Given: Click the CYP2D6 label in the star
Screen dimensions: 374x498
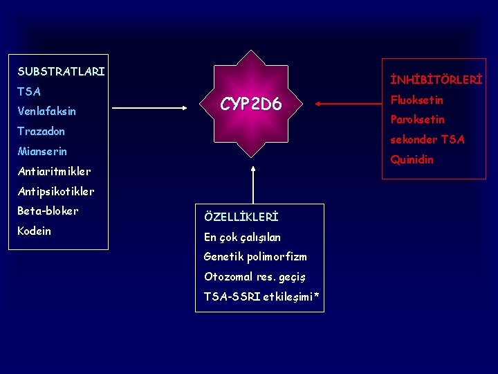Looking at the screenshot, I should pyautogui.click(x=250, y=105).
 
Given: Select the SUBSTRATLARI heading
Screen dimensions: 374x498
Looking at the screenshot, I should pyautogui.click(x=61, y=71).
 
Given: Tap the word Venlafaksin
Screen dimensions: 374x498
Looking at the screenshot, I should pyautogui.click(x=46, y=111).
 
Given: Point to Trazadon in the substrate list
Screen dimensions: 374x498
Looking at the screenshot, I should pyautogui.click(x=41, y=131).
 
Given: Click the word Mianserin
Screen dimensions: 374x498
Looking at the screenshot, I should pyautogui.click(x=41, y=151).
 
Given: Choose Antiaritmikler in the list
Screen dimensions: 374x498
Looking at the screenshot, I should pyautogui.click(x=54, y=171).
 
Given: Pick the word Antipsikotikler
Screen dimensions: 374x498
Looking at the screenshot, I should pyautogui.click(x=55, y=190).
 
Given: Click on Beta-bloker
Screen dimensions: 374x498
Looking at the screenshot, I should pyautogui.click(x=48, y=211).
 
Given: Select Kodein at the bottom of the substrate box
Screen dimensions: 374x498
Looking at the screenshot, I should pyautogui.click(x=34, y=231).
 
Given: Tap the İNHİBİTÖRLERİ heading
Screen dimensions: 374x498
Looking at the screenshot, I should pyautogui.click(x=436, y=80).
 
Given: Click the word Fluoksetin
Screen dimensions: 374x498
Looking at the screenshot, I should pyautogui.click(x=416, y=100).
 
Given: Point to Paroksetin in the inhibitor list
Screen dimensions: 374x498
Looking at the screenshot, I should pyautogui.click(x=417, y=120).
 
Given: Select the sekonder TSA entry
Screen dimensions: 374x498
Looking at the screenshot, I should pyautogui.click(x=427, y=139).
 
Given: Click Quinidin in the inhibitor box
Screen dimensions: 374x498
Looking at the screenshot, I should pyautogui.click(x=412, y=159).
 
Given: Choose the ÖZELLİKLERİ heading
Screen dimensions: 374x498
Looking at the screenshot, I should pyautogui.click(x=241, y=217).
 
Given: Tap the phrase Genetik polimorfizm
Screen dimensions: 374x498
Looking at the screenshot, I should pyautogui.click(x=255, y=257).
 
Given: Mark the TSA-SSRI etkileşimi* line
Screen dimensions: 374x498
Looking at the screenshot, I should pyautogui.click(x=261, y=297).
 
